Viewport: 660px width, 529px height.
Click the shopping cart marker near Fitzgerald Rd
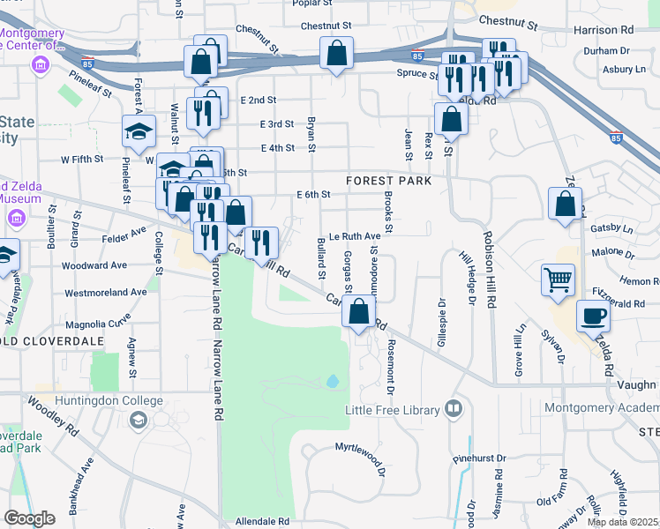pyautogui.click(x=559, y=281)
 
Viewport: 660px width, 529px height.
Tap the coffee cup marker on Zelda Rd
pyautogui.click(x=593, y=315)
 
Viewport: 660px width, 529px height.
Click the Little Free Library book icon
pyautogui.click(x=454, y=409)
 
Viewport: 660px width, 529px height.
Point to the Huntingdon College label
pyautogui.click(x=109, y=400)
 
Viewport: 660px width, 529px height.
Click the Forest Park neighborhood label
pyautogui.click(x=388, y=181)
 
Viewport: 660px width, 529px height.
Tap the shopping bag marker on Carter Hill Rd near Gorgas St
pyautogui.click(x=358, y=311)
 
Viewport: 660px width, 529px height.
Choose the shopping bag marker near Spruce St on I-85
pyautogui.click(x=336, y=53)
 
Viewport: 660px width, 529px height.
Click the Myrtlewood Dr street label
pyautogui.click(x=360, y=447)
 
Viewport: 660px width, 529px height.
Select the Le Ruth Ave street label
pyautogui.click(x=355, y=236)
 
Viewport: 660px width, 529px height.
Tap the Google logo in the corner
pyautogui.click(x=29, y=518)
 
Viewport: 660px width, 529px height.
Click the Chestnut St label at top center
pyautogui.click(x=326, y=26)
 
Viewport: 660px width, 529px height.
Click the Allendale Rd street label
pyautogui.click(x=263, y=522)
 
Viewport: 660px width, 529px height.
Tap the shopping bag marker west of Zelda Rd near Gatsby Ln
pyautogui.click(x=565, y=204)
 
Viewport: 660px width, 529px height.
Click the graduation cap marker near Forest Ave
pyautogui.click(x=139, y=131)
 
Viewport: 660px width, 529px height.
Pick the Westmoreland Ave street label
pyautogui.click(x=106, y=292)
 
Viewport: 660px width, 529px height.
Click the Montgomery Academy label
pyautogui.click(x=602, y=407)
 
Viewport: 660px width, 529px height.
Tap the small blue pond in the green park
pyautogui.click(x=333, y=382)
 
